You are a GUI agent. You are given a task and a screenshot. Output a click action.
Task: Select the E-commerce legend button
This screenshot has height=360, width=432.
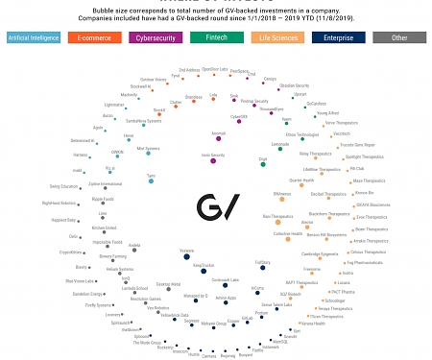click(x=93, y=37)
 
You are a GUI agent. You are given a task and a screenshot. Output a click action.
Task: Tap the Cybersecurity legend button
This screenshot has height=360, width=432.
click(x=155, y=37)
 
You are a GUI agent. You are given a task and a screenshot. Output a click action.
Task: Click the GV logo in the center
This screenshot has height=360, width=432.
click(x=216, y=205)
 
